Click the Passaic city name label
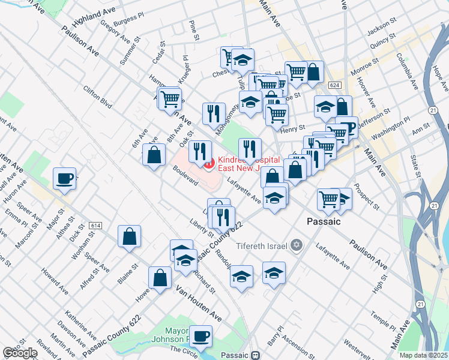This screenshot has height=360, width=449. coord(323,221)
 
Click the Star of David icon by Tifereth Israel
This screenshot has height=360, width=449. coord(296,245)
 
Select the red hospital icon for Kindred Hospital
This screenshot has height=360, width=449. coord(208,162)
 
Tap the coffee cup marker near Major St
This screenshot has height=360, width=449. coord(64,178)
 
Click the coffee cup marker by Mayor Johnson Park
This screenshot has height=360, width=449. coord(200,337)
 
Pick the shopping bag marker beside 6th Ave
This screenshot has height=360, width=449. coord(155,155)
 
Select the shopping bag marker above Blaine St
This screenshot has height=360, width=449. coord(130,236)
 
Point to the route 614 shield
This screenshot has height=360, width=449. coord(95,225)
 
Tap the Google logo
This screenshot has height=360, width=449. coord(20,353)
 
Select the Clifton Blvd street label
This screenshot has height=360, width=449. coord(98,96)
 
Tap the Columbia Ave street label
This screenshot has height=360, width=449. coord(406,71)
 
